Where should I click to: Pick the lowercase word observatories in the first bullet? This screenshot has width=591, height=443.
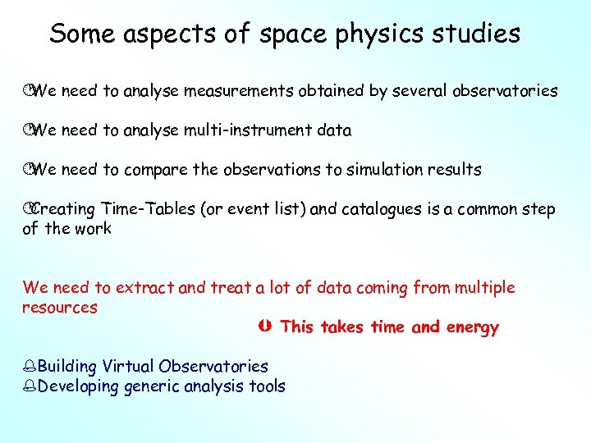tap(505, 91)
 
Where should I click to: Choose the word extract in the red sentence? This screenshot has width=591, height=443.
tap(144, 288)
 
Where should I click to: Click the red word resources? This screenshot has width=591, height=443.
tap(59, 308)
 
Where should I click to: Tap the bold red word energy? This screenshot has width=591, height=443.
tap(472, 328)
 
